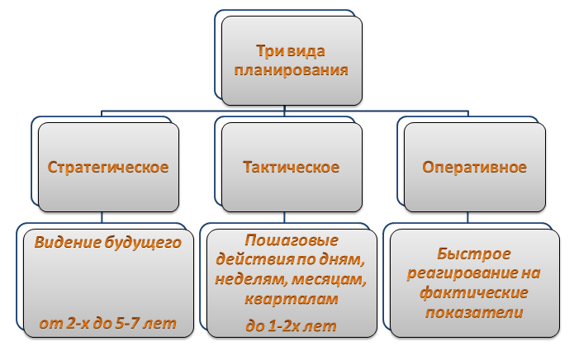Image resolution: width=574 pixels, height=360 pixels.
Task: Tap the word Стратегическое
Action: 108,168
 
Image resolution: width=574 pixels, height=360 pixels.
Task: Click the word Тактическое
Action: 291,168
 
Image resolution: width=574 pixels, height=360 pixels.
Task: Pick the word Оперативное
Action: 475,168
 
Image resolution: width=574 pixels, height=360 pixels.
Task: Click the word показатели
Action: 475,311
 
